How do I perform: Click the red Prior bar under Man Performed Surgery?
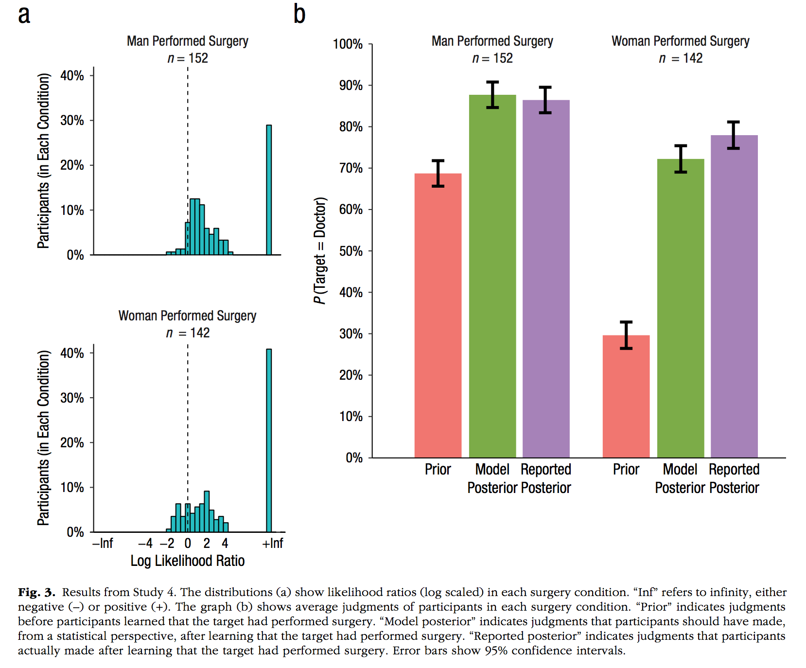click(438, 316)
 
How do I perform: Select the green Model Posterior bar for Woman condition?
click(680, 309)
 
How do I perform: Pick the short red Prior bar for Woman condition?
click(626, 396)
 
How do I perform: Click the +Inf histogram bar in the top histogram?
click(269, 190)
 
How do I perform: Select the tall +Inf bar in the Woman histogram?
click(269, 440)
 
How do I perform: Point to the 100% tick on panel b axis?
click(348, 44)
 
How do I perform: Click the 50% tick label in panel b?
click(350, 251)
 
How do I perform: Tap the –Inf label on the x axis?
click(103, 543)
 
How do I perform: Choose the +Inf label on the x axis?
click(272, 543)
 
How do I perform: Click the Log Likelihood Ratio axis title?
click(187, 561)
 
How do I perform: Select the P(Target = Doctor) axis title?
click(319, 250)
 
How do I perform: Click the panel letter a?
click(24, 15)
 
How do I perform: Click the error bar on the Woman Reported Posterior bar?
click(733, 135)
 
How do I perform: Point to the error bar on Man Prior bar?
click(438, 173)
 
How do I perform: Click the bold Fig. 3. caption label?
click(36, 592)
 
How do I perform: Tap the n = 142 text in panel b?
click(680, 58)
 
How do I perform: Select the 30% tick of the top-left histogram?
click(72, 121)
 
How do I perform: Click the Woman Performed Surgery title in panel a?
click(187, 316)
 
